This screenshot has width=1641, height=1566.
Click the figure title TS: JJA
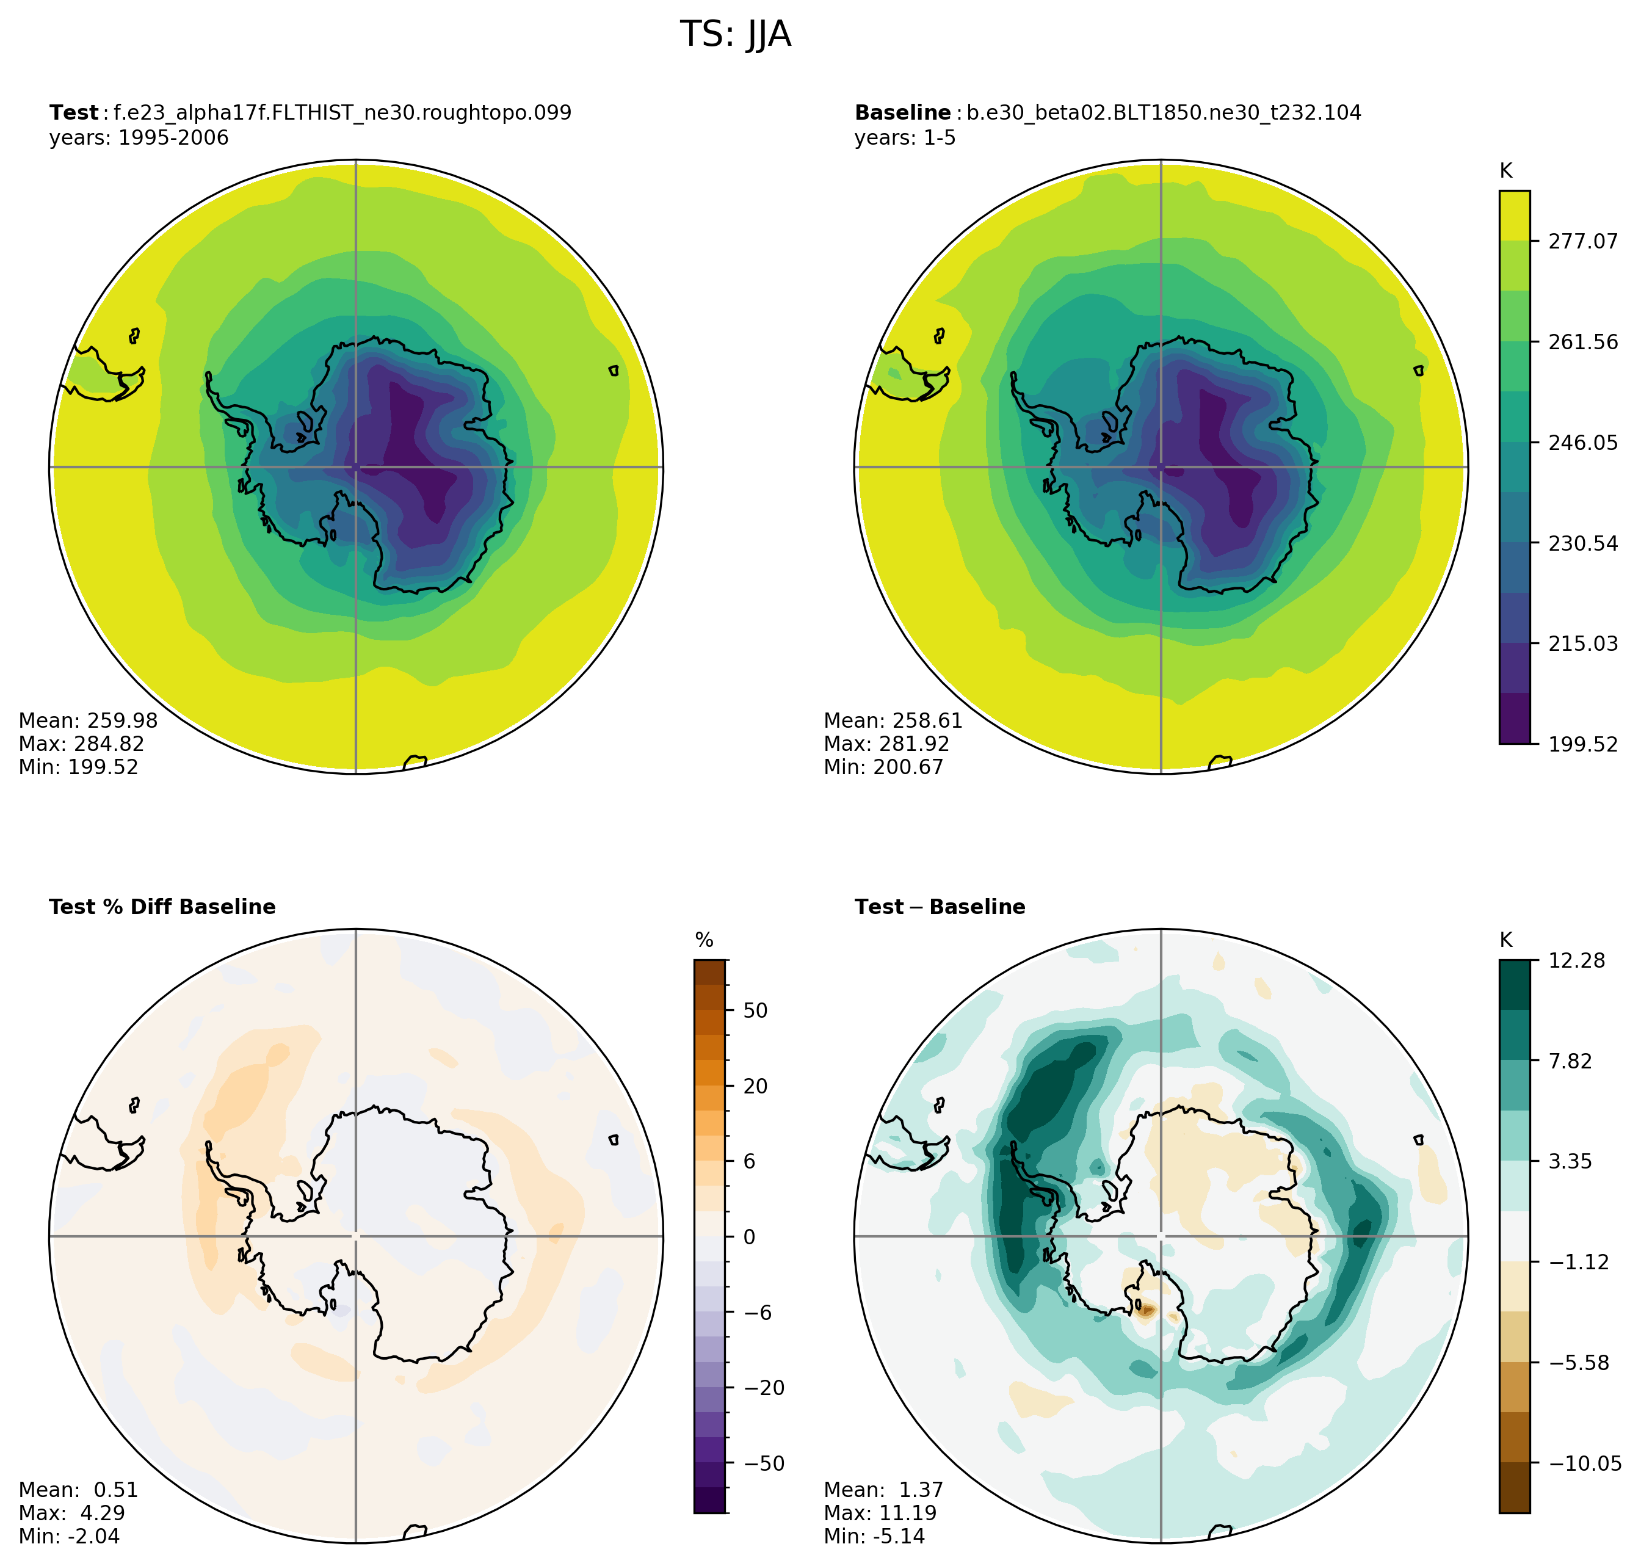(736, 35)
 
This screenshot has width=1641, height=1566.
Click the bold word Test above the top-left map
(73, 113)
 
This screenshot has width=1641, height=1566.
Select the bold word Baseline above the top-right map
(902, 113)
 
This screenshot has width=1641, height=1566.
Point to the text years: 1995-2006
(139, 138)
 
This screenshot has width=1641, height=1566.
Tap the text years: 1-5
(905, 138)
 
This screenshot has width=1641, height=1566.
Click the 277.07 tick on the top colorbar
(1582, 241)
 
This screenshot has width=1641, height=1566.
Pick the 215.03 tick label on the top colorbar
(1582, 643)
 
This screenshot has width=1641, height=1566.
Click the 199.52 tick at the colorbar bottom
(1582, 744)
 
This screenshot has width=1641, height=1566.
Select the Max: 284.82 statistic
(81, 744)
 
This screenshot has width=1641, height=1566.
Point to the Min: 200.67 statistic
(883, 767)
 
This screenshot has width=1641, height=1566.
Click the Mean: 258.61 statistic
(893, 720)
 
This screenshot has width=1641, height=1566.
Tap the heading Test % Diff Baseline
(162, 907)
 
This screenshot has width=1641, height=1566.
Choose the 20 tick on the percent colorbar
(755, 1086)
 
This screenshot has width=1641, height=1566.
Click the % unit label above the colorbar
(704, 941)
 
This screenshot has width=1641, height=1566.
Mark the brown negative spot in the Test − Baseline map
(1146, 1310)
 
